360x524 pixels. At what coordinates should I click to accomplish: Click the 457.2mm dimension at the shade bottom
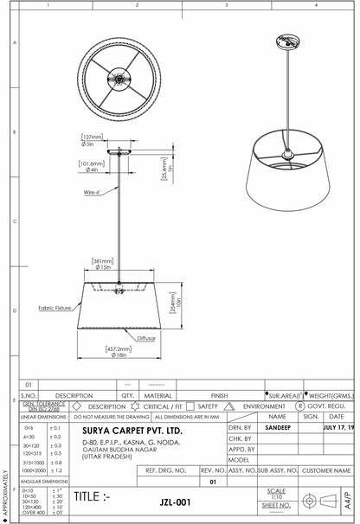point(119,349)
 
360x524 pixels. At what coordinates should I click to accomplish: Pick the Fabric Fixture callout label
point(54,308)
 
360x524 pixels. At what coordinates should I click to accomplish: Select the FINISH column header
point(219,394)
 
